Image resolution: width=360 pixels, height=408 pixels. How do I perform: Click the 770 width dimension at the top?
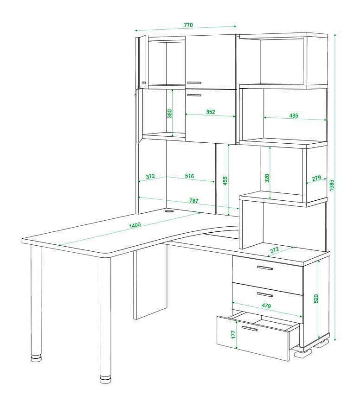188,25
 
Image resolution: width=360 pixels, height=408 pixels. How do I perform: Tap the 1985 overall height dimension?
331,185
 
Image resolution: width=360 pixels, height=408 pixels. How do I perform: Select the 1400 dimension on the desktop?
135,225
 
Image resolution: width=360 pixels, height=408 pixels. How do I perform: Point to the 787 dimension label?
193,201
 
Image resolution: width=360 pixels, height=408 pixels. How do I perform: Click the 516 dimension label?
189,176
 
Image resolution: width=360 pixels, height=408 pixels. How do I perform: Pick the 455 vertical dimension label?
225,180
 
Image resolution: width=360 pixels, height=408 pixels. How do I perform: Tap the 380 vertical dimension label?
169,114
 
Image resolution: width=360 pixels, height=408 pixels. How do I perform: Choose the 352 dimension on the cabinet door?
211,112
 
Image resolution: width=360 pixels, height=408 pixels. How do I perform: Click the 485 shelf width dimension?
293,115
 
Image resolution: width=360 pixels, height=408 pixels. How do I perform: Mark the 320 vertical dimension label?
267,178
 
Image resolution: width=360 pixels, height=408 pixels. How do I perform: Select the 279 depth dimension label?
316,178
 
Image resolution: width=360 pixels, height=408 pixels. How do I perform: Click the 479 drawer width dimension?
266,306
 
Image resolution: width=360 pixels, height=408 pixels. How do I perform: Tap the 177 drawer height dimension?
233,334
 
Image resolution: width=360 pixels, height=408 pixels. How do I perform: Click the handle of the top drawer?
265,268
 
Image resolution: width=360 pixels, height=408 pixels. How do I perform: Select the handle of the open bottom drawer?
250,328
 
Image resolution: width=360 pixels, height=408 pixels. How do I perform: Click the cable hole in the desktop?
169,211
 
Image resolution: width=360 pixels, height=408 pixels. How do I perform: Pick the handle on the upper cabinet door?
194,83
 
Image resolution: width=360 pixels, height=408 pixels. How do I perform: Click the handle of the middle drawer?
265,294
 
